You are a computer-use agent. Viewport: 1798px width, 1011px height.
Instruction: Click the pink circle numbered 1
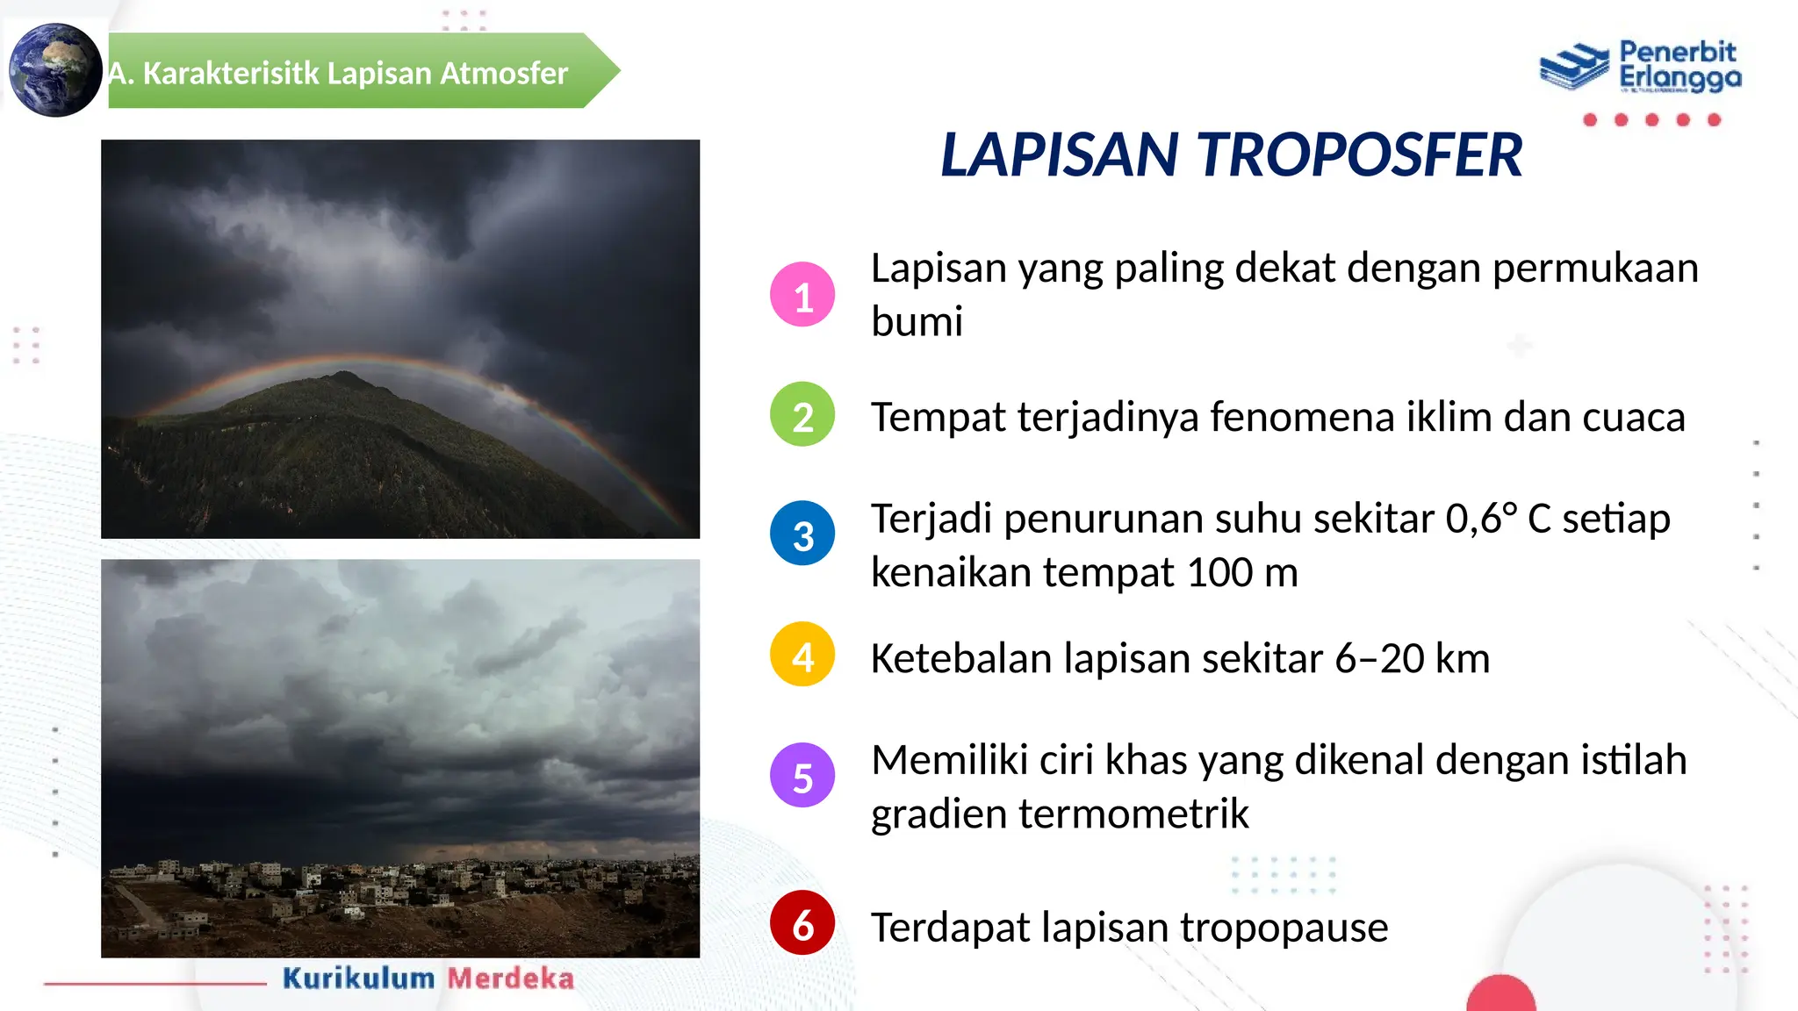802,295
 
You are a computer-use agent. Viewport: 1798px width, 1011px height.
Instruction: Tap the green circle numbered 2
802,414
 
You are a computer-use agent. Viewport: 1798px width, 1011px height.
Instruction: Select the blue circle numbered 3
802,534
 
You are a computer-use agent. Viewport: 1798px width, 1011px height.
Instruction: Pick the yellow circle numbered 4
802,655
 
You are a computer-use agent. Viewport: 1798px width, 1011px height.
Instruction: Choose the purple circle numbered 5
802,776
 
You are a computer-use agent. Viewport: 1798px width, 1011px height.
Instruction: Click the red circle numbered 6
802,923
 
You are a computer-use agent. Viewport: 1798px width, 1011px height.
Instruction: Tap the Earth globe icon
55,70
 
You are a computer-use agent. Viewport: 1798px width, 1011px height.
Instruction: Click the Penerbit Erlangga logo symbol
1575,67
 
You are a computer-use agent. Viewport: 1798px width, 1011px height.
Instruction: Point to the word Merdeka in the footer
511,978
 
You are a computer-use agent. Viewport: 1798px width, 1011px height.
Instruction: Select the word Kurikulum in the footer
358,978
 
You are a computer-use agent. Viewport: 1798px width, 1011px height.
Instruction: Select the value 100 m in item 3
1241,573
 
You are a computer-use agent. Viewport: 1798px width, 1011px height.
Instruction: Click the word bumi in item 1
917,321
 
